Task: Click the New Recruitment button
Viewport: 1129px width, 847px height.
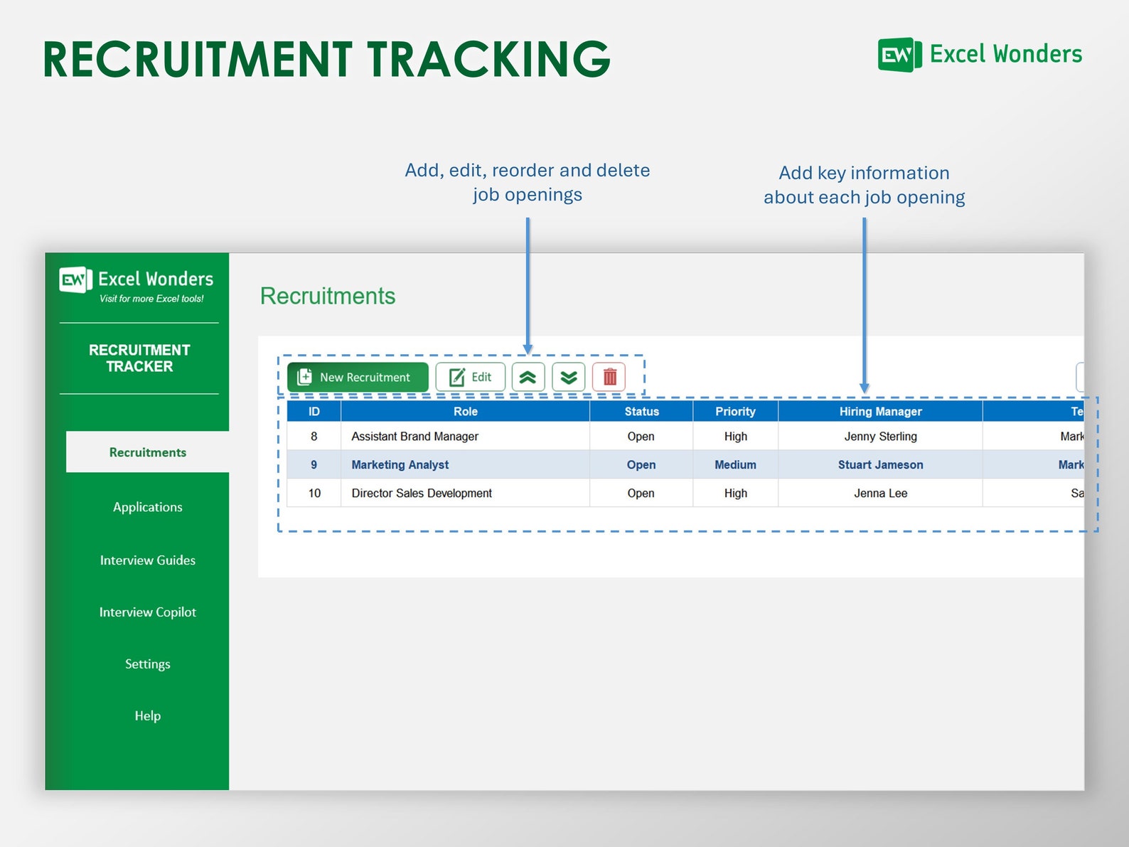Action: (x=358, y=377)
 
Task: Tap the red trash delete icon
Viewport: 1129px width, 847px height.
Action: (x=609, y=377)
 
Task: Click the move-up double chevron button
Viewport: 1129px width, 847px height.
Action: (x=528, y=377)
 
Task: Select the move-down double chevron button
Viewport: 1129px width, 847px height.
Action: (x=568, y=377)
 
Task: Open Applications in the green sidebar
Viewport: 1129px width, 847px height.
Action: (x=147, y=507)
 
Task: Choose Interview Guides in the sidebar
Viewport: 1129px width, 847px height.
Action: (x=147, y=560)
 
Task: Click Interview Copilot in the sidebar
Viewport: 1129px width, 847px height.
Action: (x=147, y=612)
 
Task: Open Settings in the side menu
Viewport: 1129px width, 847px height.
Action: (x=147, y=664)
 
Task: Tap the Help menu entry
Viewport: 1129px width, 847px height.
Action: (x=147, y=716)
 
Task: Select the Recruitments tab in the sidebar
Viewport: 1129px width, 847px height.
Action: (x=147, y=452)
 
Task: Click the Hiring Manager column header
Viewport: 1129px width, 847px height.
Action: (x=880, y=411)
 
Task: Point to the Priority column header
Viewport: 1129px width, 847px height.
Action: (x=735, y=411)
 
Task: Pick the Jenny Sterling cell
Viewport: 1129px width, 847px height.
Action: (x=880, y=437)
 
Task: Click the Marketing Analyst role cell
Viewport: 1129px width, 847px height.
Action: (x=400, y=465)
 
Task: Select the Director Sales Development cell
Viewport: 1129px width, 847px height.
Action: (x=422, y=494)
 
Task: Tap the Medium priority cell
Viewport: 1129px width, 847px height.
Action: (x=735, y=465)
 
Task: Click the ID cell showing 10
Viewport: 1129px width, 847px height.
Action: (x=314, y=494)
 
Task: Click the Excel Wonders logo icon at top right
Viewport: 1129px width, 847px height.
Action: (x=899, y=55)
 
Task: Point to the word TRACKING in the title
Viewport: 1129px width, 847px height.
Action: (x=488, y=59)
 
